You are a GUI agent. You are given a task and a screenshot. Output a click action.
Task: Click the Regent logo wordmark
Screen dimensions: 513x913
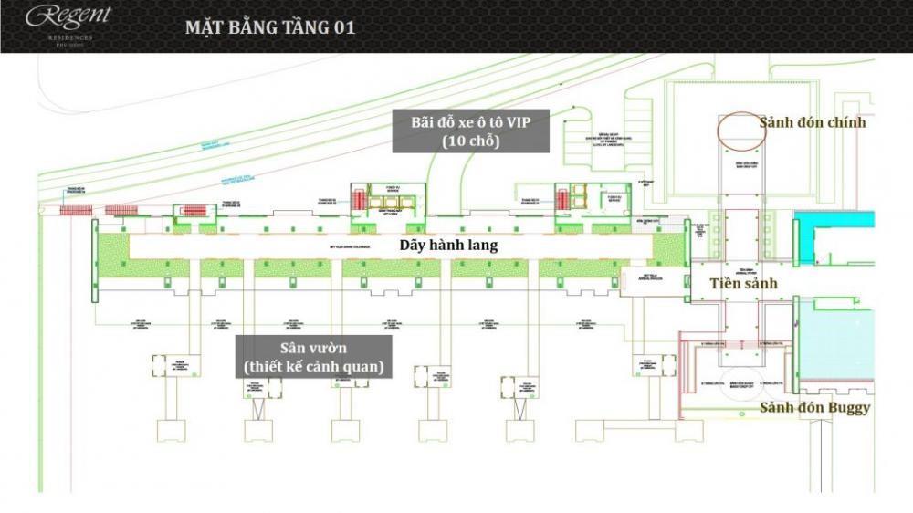[68, 15]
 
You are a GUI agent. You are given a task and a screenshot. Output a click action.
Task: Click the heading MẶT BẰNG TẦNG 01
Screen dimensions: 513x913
[270, 27]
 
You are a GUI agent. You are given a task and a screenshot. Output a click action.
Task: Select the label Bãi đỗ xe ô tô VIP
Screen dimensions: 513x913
[470, 124]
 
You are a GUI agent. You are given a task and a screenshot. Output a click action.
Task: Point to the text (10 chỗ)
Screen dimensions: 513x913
[470, 142]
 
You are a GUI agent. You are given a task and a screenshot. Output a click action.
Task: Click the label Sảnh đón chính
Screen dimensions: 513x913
[813, 122]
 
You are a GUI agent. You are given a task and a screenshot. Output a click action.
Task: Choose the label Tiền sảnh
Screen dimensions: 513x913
[744, 284]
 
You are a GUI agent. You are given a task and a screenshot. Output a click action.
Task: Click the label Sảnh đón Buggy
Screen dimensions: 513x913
[814, 407]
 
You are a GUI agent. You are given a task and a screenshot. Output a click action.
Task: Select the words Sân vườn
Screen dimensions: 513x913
[313, 350]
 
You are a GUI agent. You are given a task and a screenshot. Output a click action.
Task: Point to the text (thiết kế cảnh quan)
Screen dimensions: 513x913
[313, 368]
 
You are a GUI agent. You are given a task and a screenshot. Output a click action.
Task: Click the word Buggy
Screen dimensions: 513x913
[845, 408]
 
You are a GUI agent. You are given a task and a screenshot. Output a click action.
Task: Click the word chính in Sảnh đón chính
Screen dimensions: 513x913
[845, 122]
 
